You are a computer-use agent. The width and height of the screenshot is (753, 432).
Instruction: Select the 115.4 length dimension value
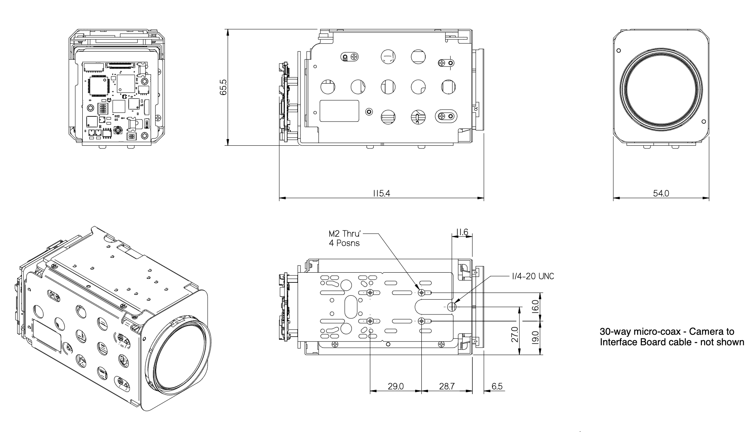tap(381, 193)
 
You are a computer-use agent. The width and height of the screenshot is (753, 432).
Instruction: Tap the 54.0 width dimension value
tap(661, 193)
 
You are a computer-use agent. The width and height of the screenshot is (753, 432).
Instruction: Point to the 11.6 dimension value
tap(462, 233)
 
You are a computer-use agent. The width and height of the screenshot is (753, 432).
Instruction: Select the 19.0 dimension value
tap(535, 337)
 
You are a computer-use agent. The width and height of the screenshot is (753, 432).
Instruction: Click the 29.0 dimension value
tap(395, 386)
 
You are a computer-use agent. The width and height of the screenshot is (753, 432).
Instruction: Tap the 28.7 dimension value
tap(447, 386)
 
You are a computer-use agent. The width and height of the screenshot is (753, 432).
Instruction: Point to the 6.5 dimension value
tap(497, 386)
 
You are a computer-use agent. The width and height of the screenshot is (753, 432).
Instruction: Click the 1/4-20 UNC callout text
tap(532, 277)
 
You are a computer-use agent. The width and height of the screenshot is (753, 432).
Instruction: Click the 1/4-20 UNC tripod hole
tap(452, 307)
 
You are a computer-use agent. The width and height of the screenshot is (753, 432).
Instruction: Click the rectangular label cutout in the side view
tap(339, 110)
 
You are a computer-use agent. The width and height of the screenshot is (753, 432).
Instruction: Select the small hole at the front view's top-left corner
tap(618, 51)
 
